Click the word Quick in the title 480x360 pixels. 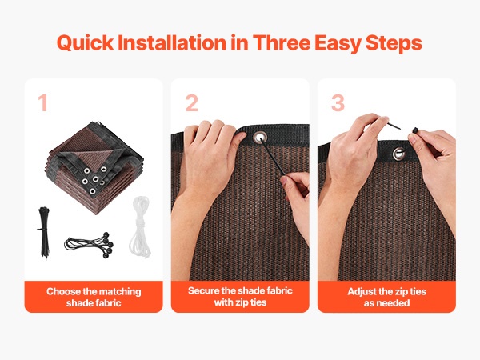pos(85,43)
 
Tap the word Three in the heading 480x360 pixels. pos(282,42)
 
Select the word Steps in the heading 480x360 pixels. pos(394,43)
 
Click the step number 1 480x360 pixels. pos(43,102)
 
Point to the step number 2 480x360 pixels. pos(192,103)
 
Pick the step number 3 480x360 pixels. pos(338,103)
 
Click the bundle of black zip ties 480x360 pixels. pos(44,233)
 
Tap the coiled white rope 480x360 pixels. pos(141,226)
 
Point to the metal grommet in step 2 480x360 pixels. pos(260,138)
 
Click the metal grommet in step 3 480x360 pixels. pos(399,154)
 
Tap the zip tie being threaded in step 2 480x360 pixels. pos(274,157)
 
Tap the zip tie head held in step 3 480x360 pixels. pos(415,130)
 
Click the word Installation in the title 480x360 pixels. pos(172,42)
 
